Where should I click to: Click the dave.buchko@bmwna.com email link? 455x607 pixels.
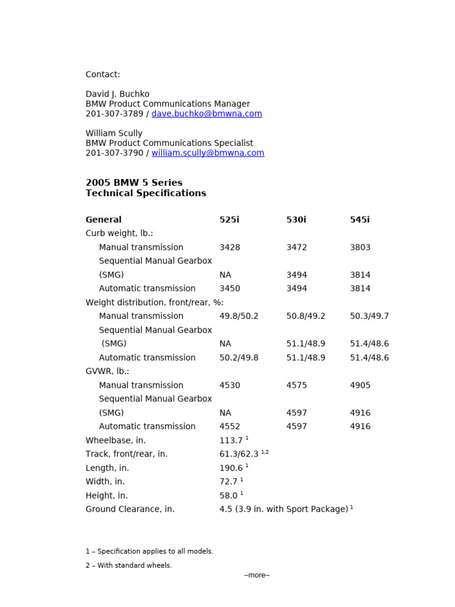point(207,114)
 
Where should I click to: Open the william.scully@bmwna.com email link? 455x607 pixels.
point(208,153)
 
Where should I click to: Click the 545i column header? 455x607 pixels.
point(360,220)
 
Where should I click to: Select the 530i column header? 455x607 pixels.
point(296,220)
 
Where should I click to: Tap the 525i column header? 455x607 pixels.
point(229,220)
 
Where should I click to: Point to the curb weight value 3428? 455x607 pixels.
point(230,247)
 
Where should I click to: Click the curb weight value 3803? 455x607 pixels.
point(360,247)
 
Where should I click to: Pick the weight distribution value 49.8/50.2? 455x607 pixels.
point(239,316)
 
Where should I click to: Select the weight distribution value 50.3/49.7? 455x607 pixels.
point(369,316)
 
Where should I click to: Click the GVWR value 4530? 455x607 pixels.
point(230,385)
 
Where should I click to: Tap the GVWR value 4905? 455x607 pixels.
point(360,385)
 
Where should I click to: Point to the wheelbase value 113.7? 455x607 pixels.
point(231,440)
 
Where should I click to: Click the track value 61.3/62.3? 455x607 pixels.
point(239,454)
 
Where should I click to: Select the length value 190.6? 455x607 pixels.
point(231,468)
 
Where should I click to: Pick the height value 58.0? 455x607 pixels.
point(229,496)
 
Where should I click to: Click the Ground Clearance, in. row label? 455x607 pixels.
point(130,509)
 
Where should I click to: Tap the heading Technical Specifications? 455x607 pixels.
point(146,193)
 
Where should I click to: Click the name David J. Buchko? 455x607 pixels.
point(117,94)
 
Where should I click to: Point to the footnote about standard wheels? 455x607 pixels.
point(129,566)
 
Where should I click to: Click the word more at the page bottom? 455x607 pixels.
point(257,575)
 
